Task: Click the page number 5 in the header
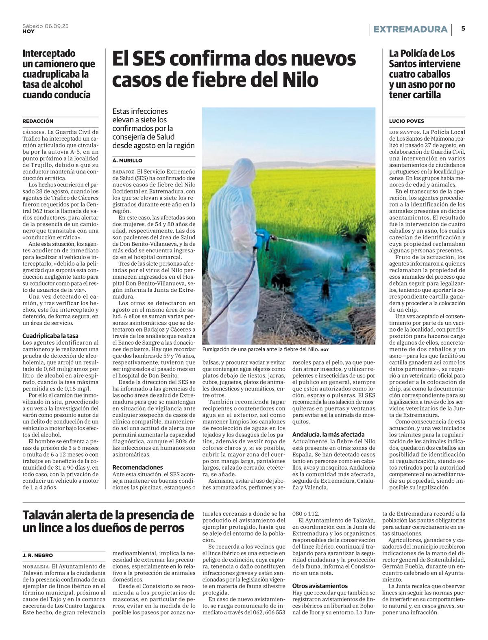pos(463,29)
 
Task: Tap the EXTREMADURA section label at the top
pos(410,29)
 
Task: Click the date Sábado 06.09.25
pos(46,26)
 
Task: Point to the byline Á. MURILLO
pos(127,161)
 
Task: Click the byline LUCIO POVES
pos(406,121)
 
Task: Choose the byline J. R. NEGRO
pos(37,555)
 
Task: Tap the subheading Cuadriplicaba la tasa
pos(50,336)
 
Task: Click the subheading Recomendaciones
pos(137,467)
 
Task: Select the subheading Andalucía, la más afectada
pos(329,434)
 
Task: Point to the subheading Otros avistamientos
pos(320,586)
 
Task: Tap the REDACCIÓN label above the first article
pos(38,121)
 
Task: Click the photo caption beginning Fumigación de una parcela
pos(260,349)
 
